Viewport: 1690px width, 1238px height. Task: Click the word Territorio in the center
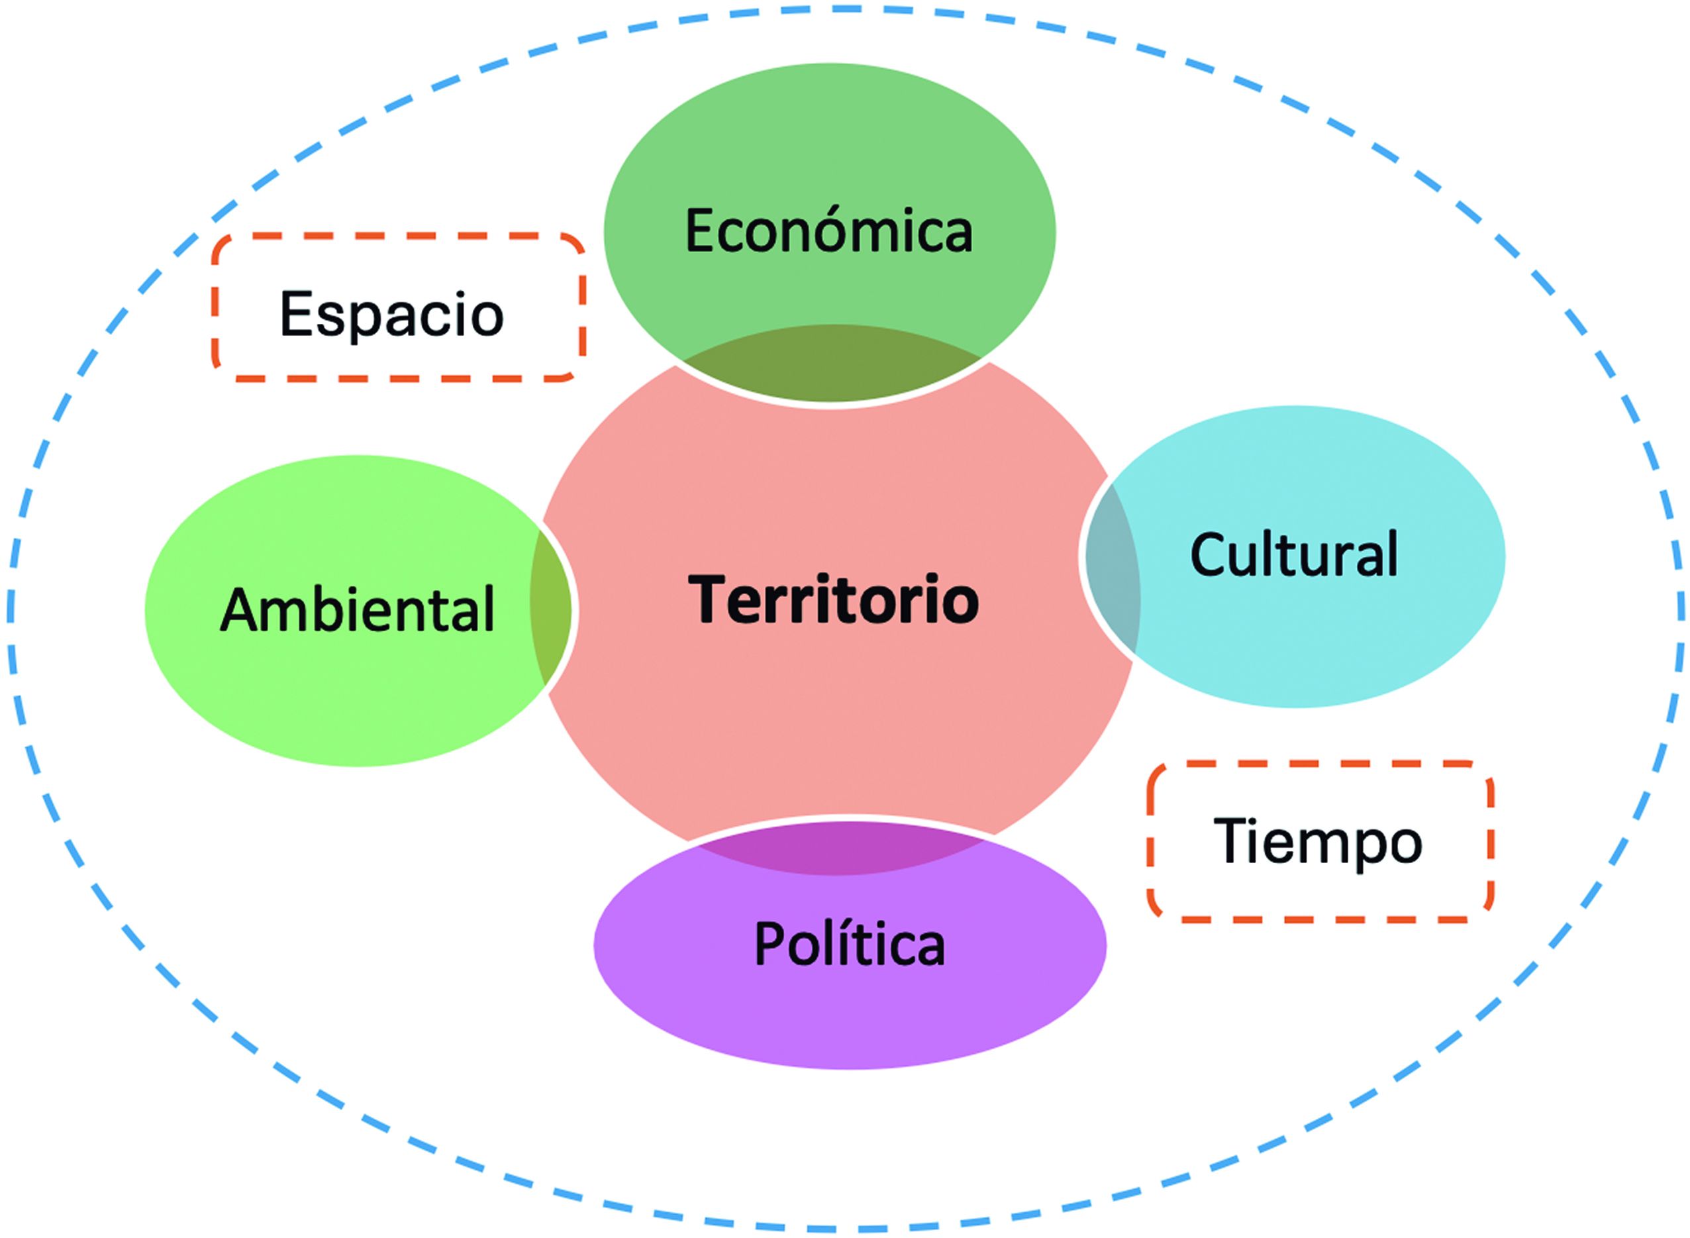point(833,599)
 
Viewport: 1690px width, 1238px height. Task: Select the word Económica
point(828,231)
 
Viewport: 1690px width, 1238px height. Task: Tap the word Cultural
point(1294,555)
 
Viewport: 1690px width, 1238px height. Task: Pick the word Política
point(849,945)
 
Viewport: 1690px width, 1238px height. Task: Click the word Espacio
point(391,315)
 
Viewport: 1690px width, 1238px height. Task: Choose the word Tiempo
point(1318,843)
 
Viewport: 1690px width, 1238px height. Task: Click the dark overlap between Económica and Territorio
point(832,365)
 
